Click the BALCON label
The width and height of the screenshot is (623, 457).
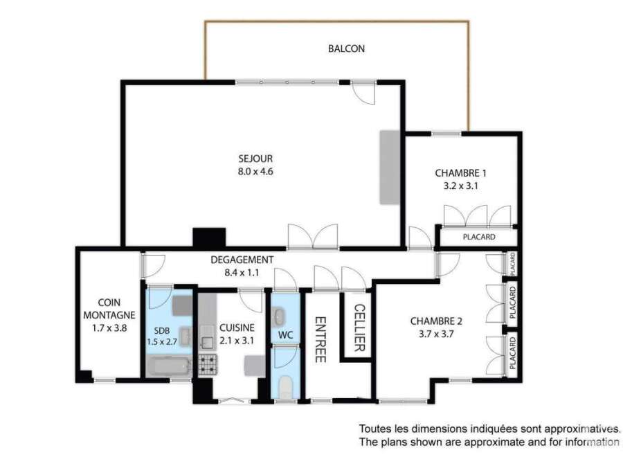[x=346, y=48]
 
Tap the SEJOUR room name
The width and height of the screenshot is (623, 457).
[x=255, y=159]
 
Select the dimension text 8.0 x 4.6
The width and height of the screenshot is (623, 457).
[x=255, y=172]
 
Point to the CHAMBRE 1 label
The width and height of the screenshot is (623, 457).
[x=460, y=173]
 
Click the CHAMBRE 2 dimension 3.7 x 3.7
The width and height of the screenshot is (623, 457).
[x=436, y=334]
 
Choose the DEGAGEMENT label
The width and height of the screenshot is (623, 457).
[x=242, y=260]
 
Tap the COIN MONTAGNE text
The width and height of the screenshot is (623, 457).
[x=109, y=309]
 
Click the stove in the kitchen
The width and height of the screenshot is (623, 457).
[x=208, y=364]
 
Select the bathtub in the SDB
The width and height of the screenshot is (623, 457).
[x=168, y=366]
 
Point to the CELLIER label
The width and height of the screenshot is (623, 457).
[x=359, y=328]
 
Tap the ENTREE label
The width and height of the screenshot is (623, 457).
[x=320, y=340]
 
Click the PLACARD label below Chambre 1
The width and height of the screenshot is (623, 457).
[x=479, y=237]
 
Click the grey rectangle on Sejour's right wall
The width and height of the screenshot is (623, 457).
[x=389, y=168]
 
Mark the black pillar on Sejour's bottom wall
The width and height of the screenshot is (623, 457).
[x=209, y=238]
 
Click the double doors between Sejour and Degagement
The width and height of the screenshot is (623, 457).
[x=313, y=238]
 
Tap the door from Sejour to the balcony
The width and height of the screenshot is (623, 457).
[x=363, y=92]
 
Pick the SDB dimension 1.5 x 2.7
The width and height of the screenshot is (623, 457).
[x=162, y=341]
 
